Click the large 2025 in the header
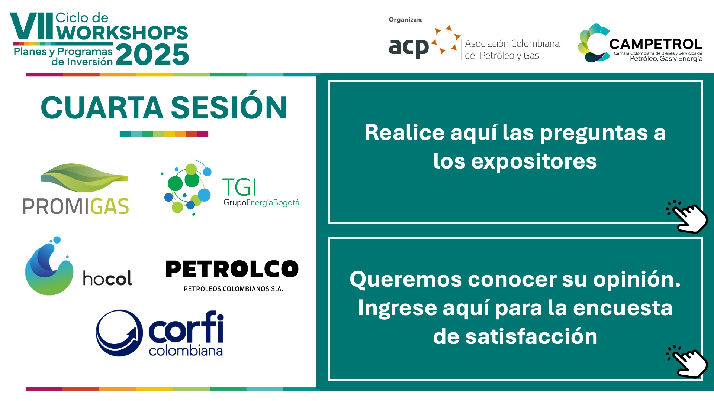click(x=152, y=55)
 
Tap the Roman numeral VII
click(x=32, y=26)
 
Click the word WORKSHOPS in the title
click(x=122, y=33)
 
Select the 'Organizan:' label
click(x=406, y=20)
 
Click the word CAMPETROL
click(x=656, y=44)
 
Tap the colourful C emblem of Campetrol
click(x=594, y=43)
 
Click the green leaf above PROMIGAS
click(x=84, y=177)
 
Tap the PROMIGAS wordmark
click(x=76, y=206)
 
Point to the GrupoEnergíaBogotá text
click(x=261, y=202)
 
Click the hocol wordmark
click(x=107, y=278)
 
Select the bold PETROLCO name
click(x=232, y=269)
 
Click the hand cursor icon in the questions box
click(x=687, y=216)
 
